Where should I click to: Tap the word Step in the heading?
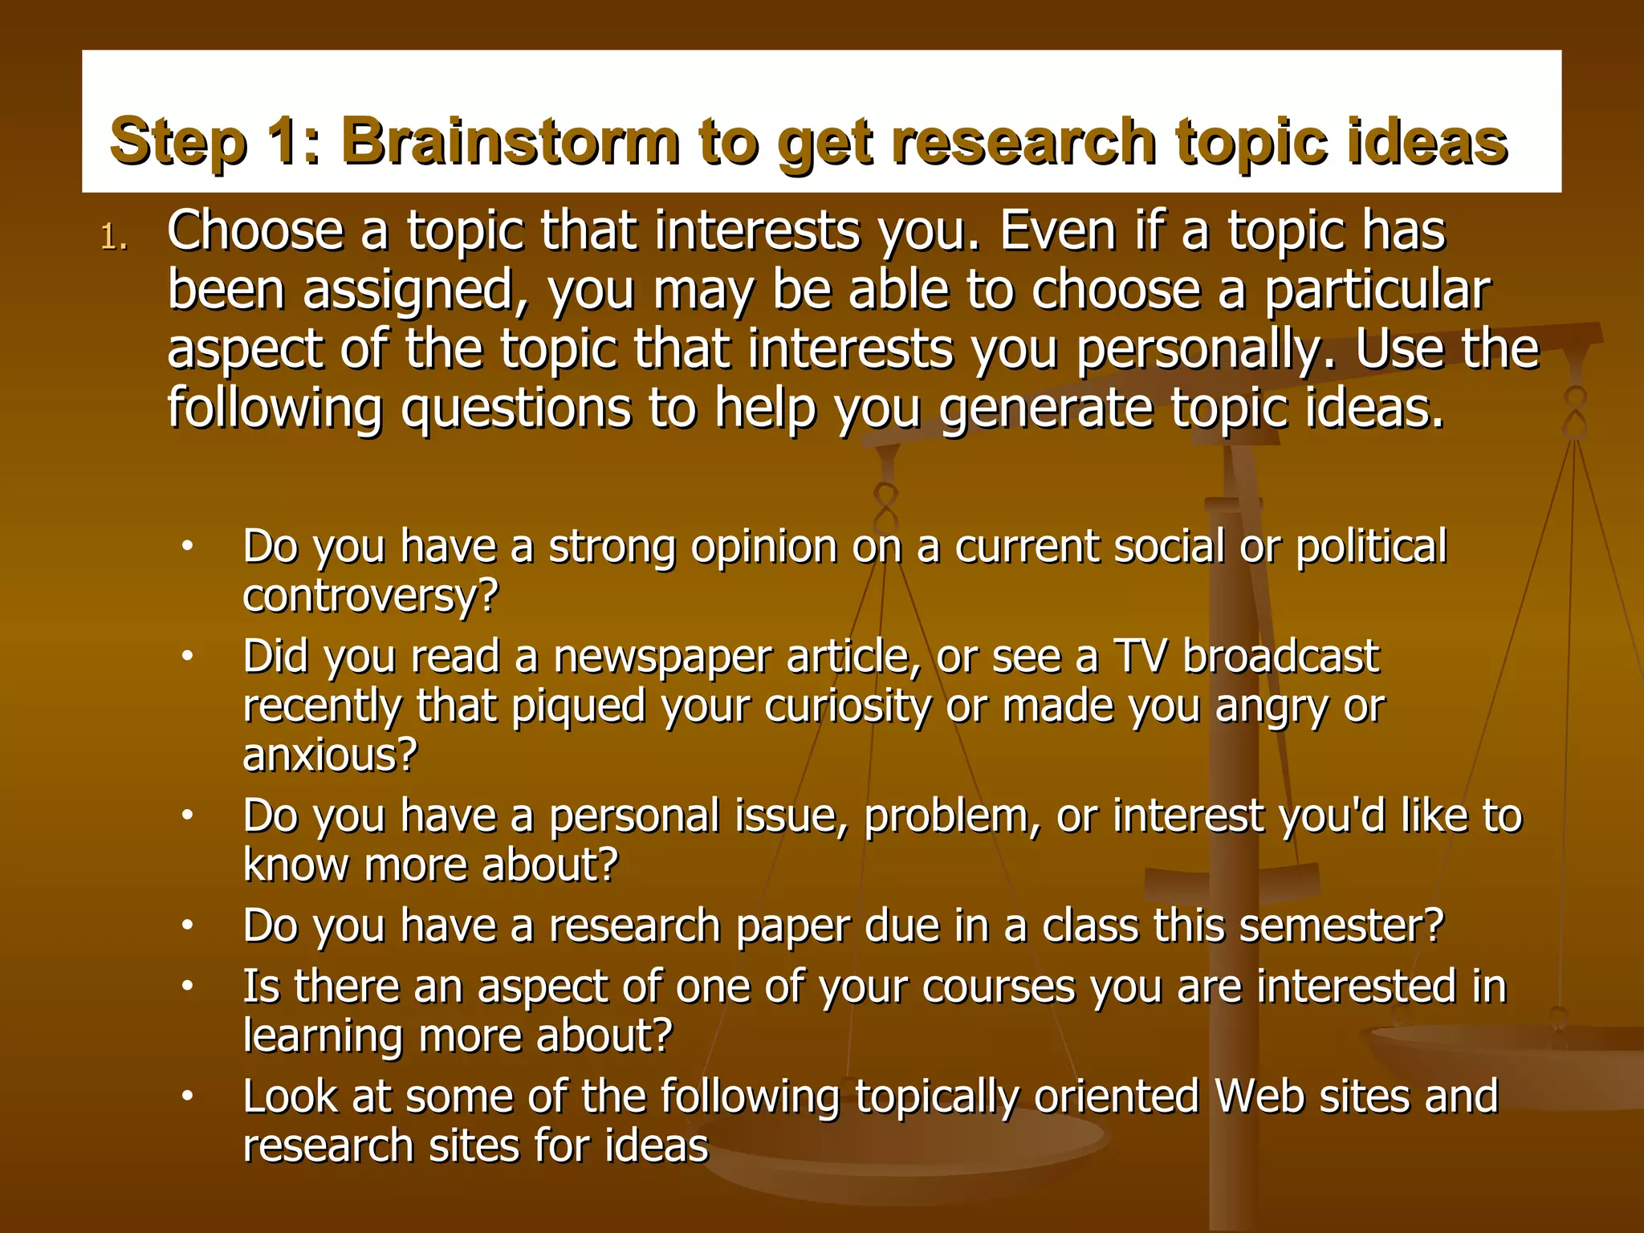coord(177,142)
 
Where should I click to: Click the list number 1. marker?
coord(114,238)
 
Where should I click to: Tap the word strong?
coord(612,547)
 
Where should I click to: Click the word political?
coord(1371,547)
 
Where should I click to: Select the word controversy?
coord(362,597)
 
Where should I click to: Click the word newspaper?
coord(662,657)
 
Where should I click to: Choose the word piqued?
coord(579,707)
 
